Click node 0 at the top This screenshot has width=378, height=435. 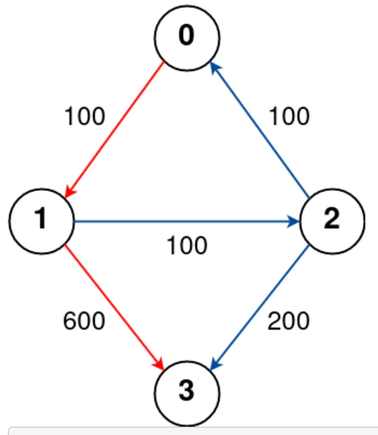(x=188, y=38)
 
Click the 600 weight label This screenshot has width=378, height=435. (x=84, y=321)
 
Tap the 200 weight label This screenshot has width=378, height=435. (x=288, y=321)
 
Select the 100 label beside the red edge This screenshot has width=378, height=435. (x=84, y=117)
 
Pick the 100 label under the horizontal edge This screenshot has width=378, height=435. (x=187, y=245)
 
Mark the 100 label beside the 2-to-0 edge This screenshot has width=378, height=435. (x=288, y=117)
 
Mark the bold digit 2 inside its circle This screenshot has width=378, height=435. (x=331, y=221)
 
